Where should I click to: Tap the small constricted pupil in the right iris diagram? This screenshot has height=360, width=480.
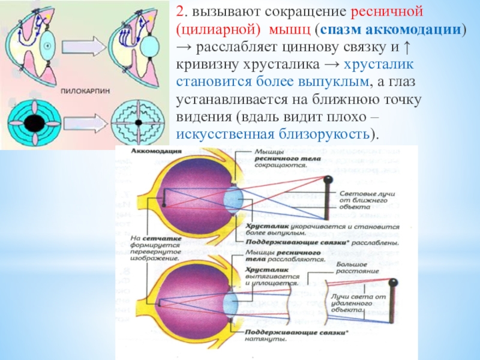137,123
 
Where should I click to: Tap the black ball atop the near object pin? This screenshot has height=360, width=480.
328,179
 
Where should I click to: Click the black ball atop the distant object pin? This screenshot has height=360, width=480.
392,283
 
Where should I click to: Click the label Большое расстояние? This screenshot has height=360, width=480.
356,267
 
